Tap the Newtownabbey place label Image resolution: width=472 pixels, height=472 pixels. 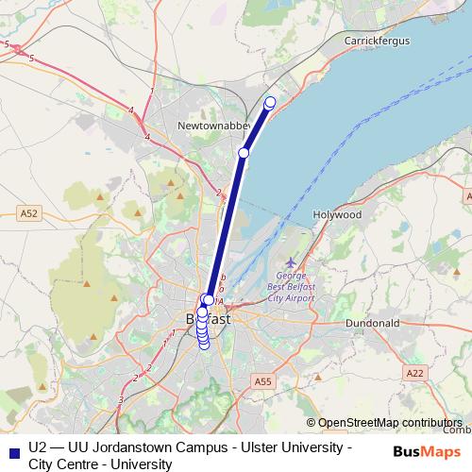(213, 125)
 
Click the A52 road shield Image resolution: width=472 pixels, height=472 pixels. (29, 214)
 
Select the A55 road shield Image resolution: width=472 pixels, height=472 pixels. (262, 380)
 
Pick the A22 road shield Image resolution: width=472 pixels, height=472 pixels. (414, 374)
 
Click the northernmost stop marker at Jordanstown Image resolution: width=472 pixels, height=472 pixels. (271, 102)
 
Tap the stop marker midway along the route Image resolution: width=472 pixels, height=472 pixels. (244, 153)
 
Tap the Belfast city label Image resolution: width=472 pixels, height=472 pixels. (209, 319)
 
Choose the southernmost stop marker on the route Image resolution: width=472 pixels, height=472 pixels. (204, 345)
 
